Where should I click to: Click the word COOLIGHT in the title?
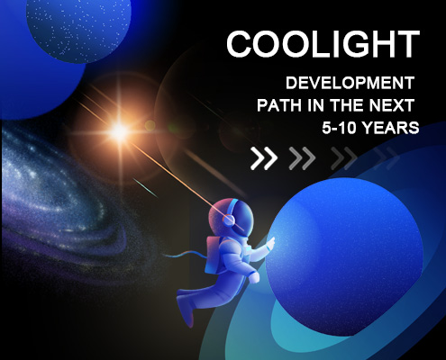coord(323,44)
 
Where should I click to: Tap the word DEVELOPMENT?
coord(350,83)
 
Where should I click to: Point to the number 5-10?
coord(339,128)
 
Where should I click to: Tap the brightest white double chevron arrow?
coord(264,158)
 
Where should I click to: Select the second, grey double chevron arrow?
coord(302,158)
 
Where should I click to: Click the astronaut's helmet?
coord(232,217)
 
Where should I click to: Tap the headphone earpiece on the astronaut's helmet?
coord(229,220)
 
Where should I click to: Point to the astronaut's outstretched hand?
coord(271,242)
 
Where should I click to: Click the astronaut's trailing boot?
coord(187,312)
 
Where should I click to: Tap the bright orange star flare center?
coord(120,130)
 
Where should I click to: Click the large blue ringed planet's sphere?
coord(344,256)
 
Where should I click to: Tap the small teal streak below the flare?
coord(145,188)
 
